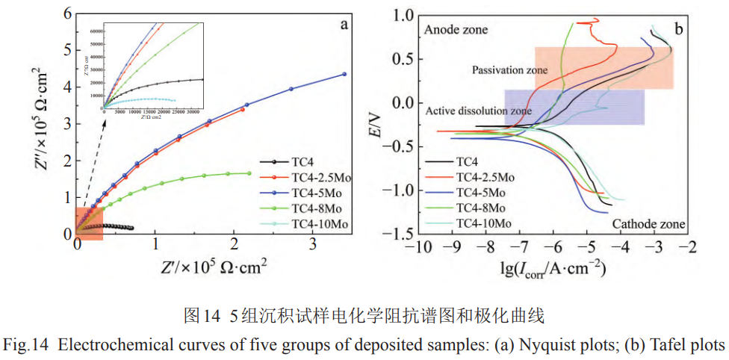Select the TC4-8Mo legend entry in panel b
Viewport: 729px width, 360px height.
[x=481, y=208]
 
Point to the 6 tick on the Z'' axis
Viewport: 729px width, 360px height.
[x=67, y=13]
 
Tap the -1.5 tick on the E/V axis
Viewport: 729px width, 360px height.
[x=392, y=234]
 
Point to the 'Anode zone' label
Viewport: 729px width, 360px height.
[x=455, y=30]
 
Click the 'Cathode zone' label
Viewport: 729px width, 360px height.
[x=649, y=223]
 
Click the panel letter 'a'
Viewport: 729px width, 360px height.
[x=344, y=25]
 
